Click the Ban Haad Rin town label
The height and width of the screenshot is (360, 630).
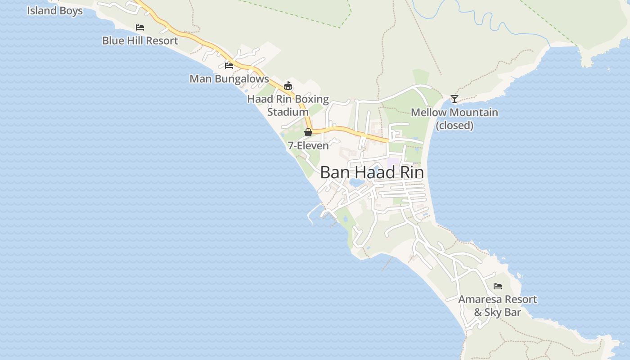(372, 172)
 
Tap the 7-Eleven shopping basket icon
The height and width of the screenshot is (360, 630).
(308, 132)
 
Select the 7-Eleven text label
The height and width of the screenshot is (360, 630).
(308, 145)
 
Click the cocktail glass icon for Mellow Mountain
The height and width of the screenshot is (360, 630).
(454, 99)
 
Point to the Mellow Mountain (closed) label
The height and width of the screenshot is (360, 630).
(454, 118)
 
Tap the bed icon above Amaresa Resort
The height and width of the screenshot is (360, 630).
(498, 286)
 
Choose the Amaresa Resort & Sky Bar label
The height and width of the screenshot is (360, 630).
(498, 306)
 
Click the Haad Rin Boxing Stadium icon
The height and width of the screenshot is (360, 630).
(288, 85)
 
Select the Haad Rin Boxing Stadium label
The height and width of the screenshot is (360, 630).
(288, 105)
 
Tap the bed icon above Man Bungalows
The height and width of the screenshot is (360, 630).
(229, 66)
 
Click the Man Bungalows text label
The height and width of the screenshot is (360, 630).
(229, 79)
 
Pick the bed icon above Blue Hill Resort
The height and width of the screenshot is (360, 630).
(140, 27)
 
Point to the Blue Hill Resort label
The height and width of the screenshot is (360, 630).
(140, 40)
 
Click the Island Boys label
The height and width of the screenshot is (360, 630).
(55, 10)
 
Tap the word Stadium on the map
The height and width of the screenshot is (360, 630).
(288, 112)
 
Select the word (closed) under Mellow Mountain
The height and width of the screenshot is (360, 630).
(454, 125)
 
